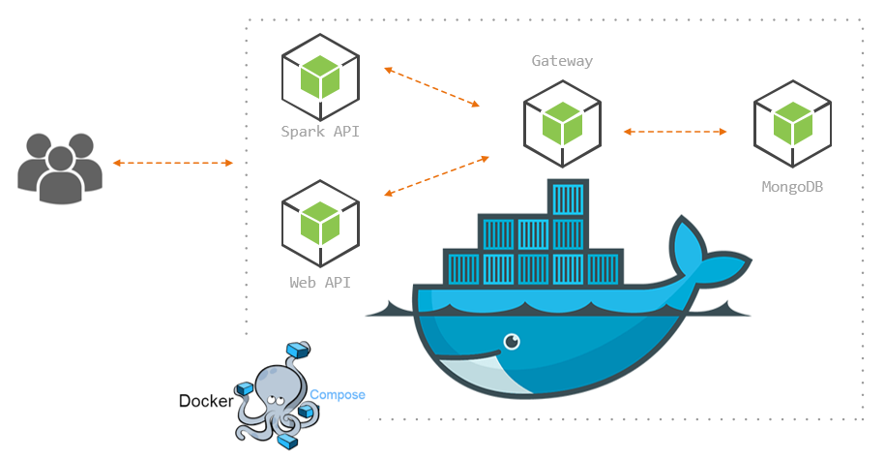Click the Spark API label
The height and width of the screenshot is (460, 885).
319,132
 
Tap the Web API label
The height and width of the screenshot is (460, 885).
319,283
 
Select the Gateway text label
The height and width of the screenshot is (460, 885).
562,61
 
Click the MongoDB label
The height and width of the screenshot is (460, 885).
792,186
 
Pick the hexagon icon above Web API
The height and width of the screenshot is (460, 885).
320,224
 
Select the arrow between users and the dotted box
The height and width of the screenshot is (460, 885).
173,164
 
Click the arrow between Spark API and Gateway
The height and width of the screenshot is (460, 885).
432,86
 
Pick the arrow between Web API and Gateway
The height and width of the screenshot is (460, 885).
435,175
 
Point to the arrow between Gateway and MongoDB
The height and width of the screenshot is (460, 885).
675,131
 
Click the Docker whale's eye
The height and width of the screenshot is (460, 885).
511,341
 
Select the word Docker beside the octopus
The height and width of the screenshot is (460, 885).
205,400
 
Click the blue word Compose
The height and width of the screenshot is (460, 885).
338,394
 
